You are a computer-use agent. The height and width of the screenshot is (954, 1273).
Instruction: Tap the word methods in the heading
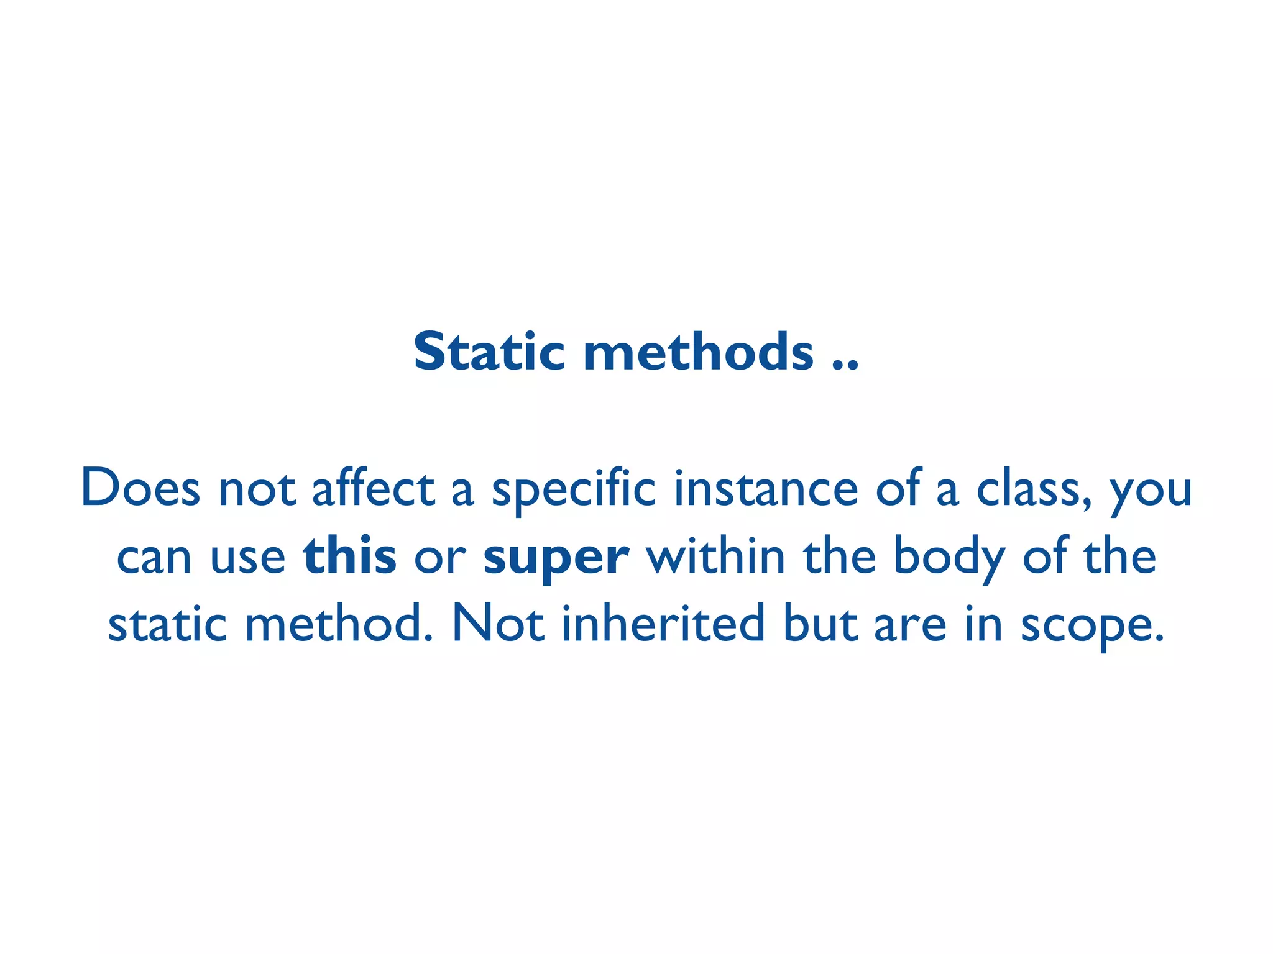[698, 352]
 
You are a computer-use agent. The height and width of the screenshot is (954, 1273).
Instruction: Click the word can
[154, 557]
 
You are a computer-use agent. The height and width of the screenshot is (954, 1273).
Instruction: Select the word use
[248, 557]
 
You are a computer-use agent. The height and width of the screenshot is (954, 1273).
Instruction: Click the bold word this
[350, 556]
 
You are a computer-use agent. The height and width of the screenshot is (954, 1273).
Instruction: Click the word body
[949, 557]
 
